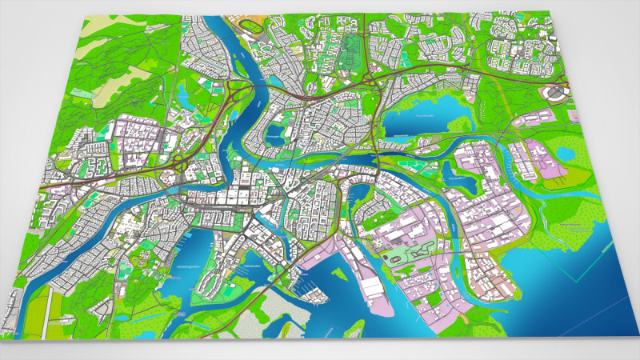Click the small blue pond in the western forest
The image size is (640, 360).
(183, 97)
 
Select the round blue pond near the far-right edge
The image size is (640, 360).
(565, 150)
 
